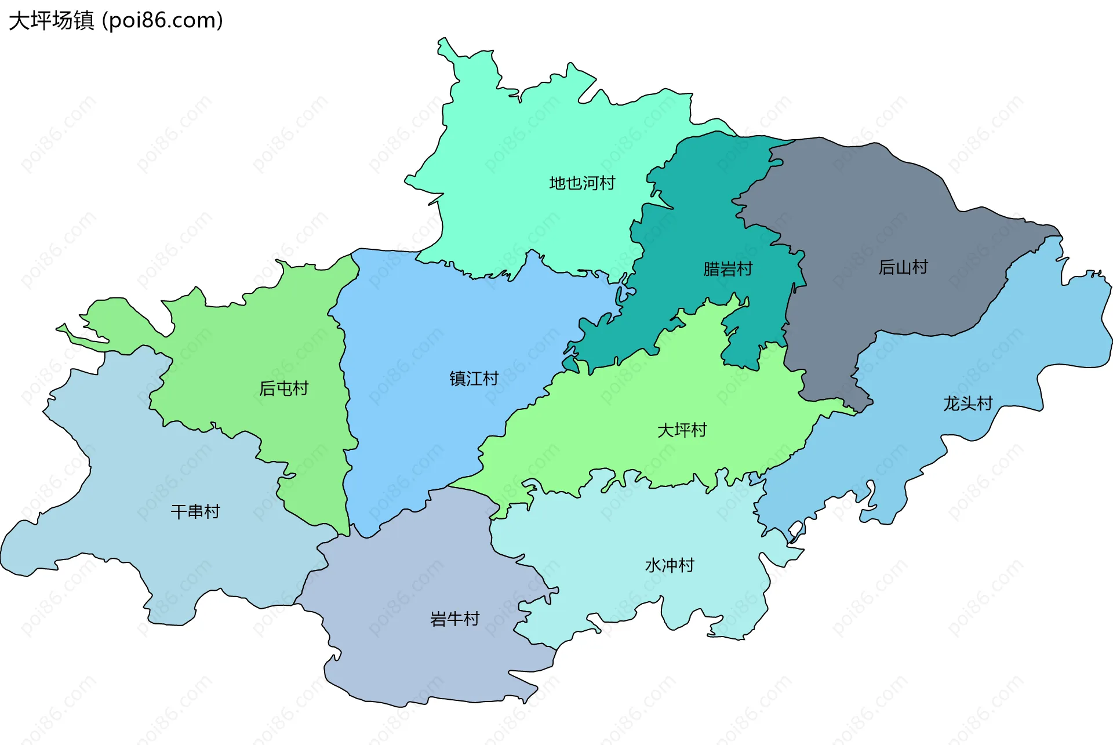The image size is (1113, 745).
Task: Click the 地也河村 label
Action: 581,183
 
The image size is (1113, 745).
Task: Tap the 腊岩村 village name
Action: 728,269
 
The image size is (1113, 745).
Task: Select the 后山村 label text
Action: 903,267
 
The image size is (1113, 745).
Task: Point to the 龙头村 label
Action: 967,404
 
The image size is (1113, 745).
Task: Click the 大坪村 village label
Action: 682,430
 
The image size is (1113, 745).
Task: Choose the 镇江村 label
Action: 474,379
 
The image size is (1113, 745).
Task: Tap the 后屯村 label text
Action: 283,388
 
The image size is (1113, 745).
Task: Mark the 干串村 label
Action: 195,511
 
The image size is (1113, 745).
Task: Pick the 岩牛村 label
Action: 454,619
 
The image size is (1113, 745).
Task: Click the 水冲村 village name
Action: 670,565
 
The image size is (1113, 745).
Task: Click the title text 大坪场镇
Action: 51,21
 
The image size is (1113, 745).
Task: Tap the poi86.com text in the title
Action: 162,21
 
